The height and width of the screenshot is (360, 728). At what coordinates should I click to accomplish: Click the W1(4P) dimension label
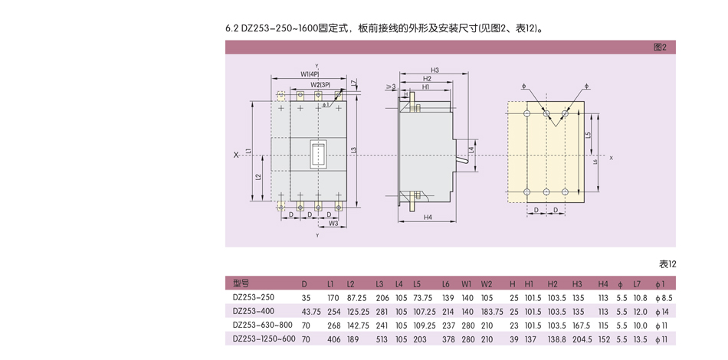pos(310,74)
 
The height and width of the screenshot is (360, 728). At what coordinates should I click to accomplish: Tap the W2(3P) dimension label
pos(320,84)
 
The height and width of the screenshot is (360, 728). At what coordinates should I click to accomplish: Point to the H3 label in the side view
pos(435,70)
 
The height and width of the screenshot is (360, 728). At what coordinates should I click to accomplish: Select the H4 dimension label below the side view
pos(427,217)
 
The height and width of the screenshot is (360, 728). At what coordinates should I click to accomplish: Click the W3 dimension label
pos(333,224)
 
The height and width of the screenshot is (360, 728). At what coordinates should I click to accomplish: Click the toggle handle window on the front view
pos(317,155)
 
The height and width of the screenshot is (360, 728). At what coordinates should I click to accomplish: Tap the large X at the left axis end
pos(236,155)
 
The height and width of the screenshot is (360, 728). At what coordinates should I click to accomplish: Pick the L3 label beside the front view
pos(353,149)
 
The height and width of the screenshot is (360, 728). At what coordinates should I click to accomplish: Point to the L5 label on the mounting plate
pos(588,135)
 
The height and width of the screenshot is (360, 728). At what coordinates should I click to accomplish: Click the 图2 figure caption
pos(659,47)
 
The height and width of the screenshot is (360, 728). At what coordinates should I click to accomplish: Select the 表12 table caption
pos(667,263)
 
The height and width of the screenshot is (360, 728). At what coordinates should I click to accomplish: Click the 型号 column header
pos(241,283)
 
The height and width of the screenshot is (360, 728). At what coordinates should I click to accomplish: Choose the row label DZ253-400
pos(254,311)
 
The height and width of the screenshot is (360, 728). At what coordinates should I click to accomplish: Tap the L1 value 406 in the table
pos(333,339)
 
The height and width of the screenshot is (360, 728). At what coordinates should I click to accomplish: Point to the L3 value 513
pos(381,339)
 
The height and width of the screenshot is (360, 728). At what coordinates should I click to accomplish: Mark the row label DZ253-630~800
pos(263,325)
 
